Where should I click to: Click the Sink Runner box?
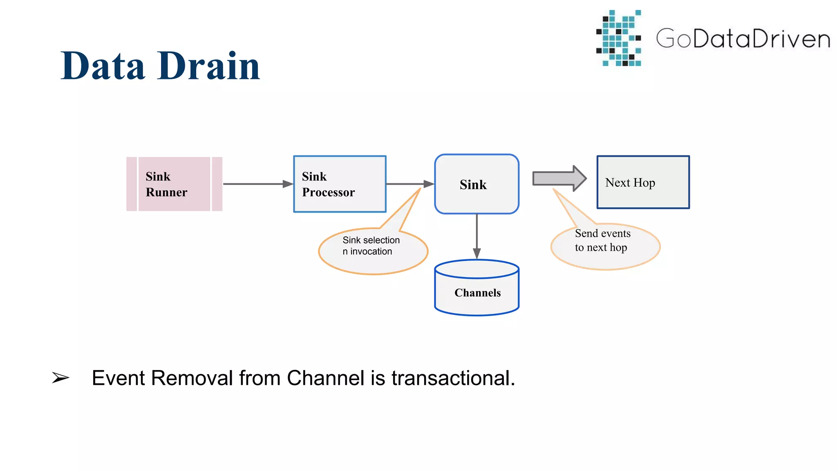(x=174, y=184)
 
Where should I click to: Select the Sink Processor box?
(x=340, y=184)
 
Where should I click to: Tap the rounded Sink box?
(x=477, y=184)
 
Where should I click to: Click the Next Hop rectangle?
(x=643, y=182)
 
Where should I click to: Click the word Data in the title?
(x=103, y=66)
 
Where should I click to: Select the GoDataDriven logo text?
(x=743, y=39)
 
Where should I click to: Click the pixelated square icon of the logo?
(x=619, y=38)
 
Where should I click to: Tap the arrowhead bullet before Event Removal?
(x=60, y=377)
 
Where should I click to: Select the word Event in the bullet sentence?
(x=119, y=378)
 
